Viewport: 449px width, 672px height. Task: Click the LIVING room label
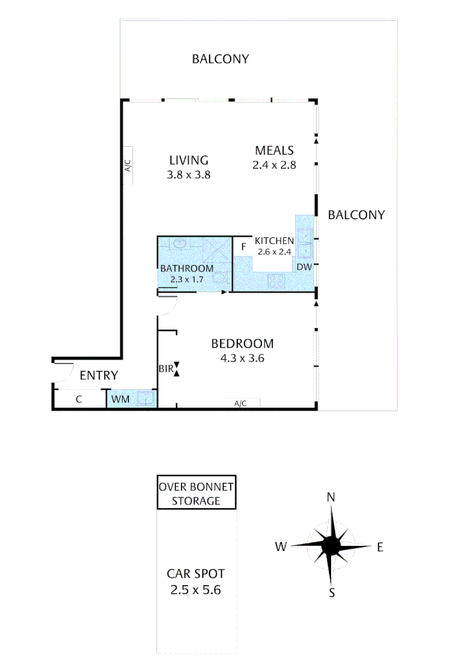(x=189, y=159)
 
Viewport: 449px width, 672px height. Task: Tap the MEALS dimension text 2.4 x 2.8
(x=274, y=165)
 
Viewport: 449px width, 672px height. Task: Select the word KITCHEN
(x=274, y=241)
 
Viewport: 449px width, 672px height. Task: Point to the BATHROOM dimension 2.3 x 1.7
(x=187, y=278)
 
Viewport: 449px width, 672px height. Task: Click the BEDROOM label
(x=242, y=344)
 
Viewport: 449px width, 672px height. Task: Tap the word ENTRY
(x=99, y=376)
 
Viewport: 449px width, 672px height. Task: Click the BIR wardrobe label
(x=165, y=369)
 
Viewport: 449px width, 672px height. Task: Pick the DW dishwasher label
(x=304, y=268)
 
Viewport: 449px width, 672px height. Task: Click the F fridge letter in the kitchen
(x=242, y=247)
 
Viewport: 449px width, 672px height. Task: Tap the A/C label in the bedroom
(x=240, y=404)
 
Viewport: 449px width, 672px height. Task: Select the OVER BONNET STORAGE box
(x=197, y=494)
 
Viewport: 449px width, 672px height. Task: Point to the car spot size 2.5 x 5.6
(x=195, y=590)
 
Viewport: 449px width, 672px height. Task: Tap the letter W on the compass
(x=281, y=547)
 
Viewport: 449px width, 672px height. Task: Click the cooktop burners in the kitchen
(x=276, y=282)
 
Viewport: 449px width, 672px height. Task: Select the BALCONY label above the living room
(x=221, y=59)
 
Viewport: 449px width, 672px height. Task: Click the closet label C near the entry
(x=79, y=399)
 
